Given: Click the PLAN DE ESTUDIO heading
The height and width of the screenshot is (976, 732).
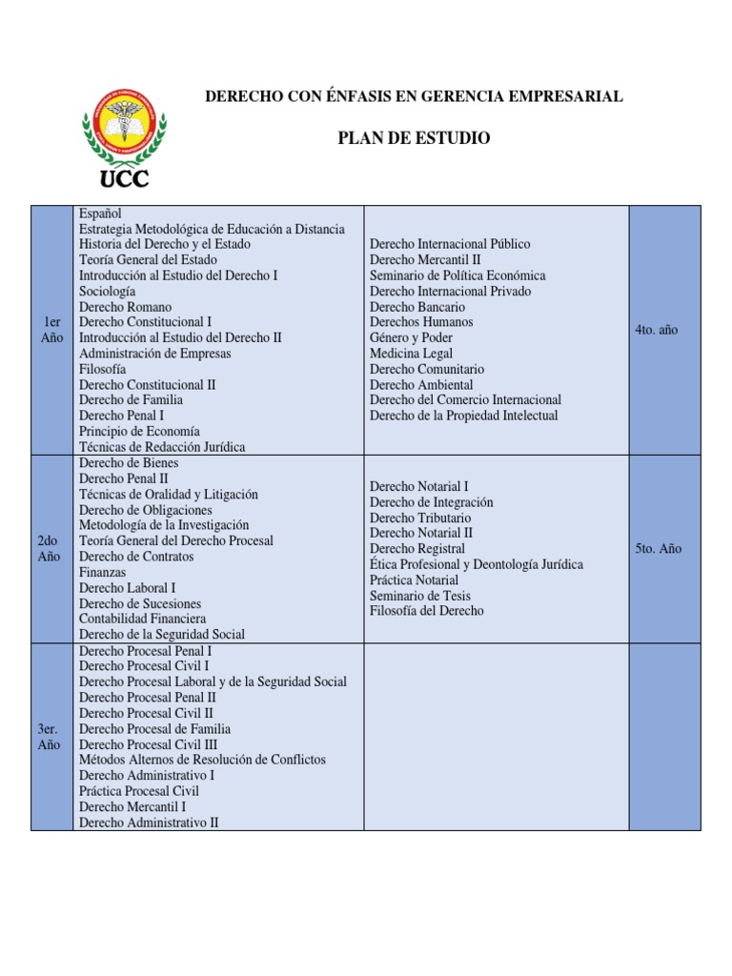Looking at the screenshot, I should coord(414,138).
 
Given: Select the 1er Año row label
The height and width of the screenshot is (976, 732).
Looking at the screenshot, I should coord(51,330).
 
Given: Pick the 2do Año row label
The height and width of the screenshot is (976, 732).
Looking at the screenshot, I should coord(50,548).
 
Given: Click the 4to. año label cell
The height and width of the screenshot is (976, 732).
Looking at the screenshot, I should coord(657,330).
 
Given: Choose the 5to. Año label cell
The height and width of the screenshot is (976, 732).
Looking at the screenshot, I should coord(658,549).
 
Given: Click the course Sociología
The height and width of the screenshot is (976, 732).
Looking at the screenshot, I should coord(107,291).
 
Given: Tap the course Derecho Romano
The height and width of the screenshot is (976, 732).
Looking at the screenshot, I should coord(125,307).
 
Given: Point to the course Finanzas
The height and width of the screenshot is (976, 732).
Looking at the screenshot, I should coord(102,572).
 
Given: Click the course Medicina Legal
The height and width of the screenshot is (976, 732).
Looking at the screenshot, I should coord(411,354).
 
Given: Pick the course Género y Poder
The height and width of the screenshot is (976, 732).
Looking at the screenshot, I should coord(411,337).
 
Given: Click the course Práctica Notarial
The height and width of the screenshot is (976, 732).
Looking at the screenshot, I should coord(414,579).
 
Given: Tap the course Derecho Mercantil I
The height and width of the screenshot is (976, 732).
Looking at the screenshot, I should coord(132,806).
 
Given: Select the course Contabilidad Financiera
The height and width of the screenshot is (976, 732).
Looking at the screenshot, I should coord(142,619).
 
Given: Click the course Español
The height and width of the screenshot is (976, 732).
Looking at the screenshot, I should coord(100,213).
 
